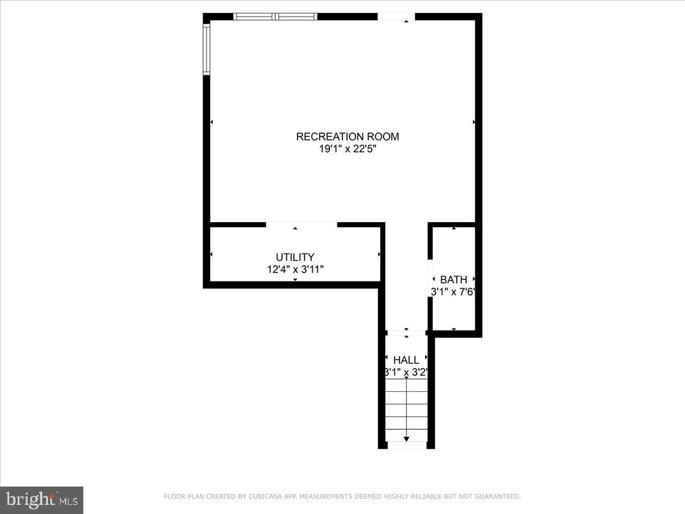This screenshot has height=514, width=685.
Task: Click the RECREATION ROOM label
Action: (x=347, y=136)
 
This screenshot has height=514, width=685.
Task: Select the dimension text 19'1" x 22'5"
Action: (x=347, y=150)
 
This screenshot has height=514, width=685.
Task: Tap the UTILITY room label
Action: (x=295, y=258)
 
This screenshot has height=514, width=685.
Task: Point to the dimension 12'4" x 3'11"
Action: (x=295, y=270)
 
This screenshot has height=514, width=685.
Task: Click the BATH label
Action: (x=453, y=280)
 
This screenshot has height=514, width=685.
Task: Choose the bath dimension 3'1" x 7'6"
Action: (x=453, y=291)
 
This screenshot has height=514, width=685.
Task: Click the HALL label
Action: (x=406, y=360)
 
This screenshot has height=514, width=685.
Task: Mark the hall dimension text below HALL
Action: (x=406, y=372)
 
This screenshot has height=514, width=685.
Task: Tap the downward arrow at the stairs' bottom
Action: (x=406, y=439)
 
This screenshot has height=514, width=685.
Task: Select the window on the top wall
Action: (x=275, y=17)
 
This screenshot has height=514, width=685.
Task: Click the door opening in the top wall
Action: (x=396, y=17)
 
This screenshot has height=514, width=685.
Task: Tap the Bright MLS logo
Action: (x=42, y=500)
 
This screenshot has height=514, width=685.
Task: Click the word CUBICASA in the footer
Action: (x=264, y=497)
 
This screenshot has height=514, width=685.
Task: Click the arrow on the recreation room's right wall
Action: (x=474, y=122)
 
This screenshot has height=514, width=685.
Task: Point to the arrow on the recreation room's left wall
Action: (x=212, y=122)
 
